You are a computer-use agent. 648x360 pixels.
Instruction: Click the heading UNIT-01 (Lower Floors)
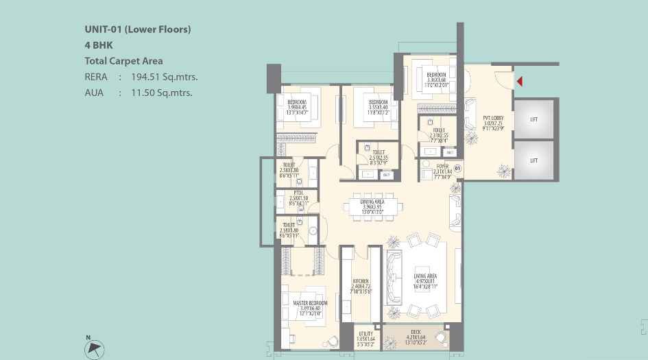coord(137,29)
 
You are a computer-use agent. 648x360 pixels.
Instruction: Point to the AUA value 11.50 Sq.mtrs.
coord(161,93)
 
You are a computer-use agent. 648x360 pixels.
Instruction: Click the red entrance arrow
coord(520,82)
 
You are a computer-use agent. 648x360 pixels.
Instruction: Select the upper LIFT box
coord(533,119)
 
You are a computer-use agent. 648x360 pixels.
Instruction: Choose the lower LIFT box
coord(533,160)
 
